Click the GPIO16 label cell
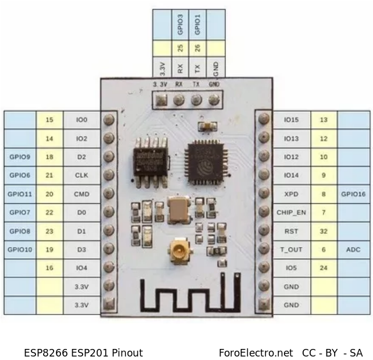click(353, 194)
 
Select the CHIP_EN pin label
click(291, 213)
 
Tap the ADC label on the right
click(353, 249)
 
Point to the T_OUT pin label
click(291, 249)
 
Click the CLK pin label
click(81, 175)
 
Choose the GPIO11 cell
click(20, 194)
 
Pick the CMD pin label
click(81, 194)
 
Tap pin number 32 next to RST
click(324, 231)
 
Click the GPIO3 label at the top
click(180, 24)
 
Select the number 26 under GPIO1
click(198, 48)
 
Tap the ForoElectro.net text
click(255, 352)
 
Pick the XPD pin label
click(291, 194)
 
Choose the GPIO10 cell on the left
click(20, 249)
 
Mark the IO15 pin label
click(291, 120)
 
